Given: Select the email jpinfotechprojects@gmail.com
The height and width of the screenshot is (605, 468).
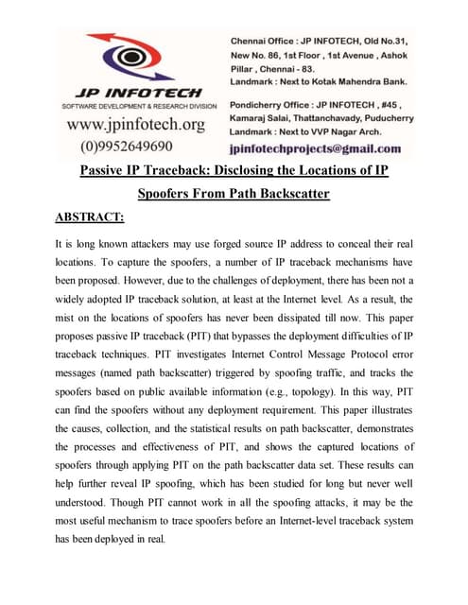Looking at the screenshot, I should (315, 148).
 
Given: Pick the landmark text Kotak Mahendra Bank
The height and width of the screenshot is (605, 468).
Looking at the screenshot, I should (351, 82).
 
